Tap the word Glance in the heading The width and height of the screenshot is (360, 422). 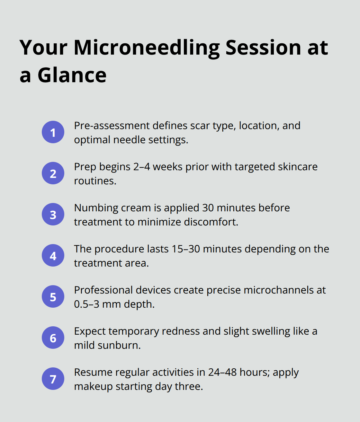click(x=72, y=76)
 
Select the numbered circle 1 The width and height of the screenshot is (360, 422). click(x=53, y=132)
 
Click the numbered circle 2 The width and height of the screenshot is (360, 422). click(x=53, y=173)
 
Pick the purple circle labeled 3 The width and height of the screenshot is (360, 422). click(x=53, y=215)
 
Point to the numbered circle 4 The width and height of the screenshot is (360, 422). click(x=53, y=256)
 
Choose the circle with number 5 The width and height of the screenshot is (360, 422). click(x=53, y=297)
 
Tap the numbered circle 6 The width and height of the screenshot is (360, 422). click(x=53, y=338)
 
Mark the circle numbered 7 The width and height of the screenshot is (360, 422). click(x=53, y=379)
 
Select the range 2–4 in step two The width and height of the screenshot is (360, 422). click(x=142, y=167)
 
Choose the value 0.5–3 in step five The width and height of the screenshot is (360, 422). click(x=86, y=304)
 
